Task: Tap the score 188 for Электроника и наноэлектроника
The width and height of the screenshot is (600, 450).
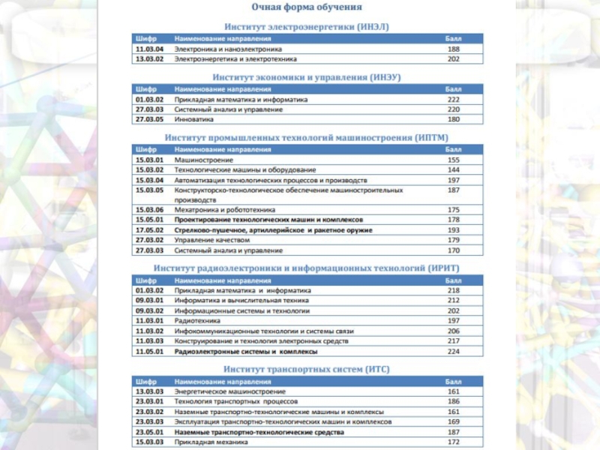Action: [x=454, y=48]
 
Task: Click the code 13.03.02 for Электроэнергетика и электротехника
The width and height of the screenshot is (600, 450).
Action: [x=150, y=58]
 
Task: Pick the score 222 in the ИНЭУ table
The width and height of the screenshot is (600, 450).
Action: [x=454, y=99]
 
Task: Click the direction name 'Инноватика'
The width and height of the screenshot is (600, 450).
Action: [x=194, y=119]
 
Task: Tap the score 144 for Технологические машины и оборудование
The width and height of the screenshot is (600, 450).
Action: [x=454, y=170]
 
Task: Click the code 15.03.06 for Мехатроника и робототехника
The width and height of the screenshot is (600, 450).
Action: [x=150, y=210]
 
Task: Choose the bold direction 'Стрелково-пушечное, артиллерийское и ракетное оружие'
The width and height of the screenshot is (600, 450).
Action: [x=274, y=229]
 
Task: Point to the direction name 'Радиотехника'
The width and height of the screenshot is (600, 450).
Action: [x=196, y=320]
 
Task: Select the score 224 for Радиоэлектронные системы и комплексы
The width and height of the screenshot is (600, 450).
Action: [x=454, y=351]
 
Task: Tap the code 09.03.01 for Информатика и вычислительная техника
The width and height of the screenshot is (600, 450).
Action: [x=150, y=300]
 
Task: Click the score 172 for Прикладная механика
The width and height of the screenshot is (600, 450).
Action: [x=454, y=442]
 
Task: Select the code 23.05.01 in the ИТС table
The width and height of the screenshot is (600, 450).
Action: [x=150, y=432]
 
